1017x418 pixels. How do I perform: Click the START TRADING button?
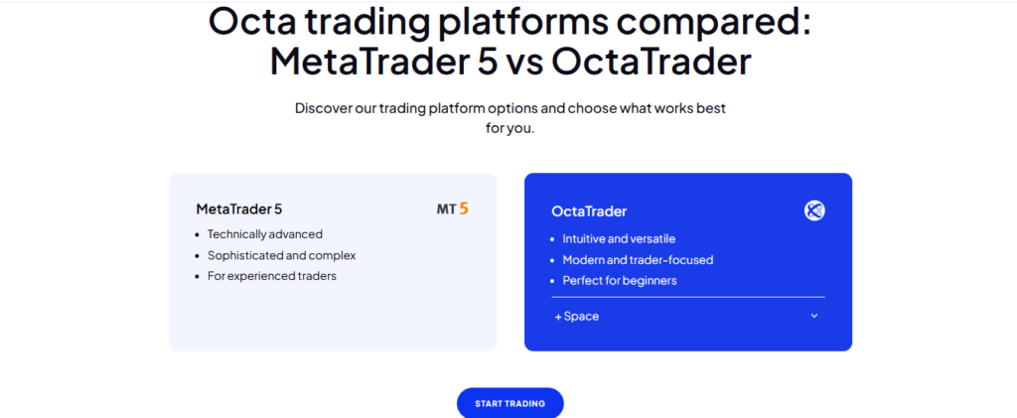pyautogui.click(x=509, y=403)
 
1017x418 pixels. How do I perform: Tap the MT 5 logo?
pyautogui.click(x=452, y=209)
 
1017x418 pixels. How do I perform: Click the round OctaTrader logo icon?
pyautogui.click(x=814, y=210)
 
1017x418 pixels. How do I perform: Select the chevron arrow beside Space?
pyautogui.click(x=814, y=316)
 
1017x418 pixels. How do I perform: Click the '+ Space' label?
pyautogui.click(x=577, y=317)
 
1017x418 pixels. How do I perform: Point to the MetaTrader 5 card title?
pyautogui.click(x=238, y=209)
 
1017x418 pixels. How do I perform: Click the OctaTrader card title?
pyautogui.click(x=589, y=211)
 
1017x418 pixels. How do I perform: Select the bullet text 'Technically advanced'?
pyautogui.click(x=264, y=234)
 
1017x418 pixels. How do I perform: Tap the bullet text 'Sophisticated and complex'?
pyautogui.click(x=281, y=255)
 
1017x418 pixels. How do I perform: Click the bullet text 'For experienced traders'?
pyautogui.click(x=272, y=276)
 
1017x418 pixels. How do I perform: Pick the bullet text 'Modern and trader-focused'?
pyautogui.click(x=638, y=260)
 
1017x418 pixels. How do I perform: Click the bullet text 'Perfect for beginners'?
pyautogui.click(x=620, y=281)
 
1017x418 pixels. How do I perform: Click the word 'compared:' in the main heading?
pyautogui.click(x=709, y=24)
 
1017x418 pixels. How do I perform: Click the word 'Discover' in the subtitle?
pyautogui.click(x=323, y=107)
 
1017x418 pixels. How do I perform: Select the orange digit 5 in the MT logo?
pyautogui.click(x=463, y=209)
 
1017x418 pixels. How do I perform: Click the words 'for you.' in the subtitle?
pyautogui.click(x=509, y=128)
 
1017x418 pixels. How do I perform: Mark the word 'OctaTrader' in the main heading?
pyautogui.click(x=652, y=62)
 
